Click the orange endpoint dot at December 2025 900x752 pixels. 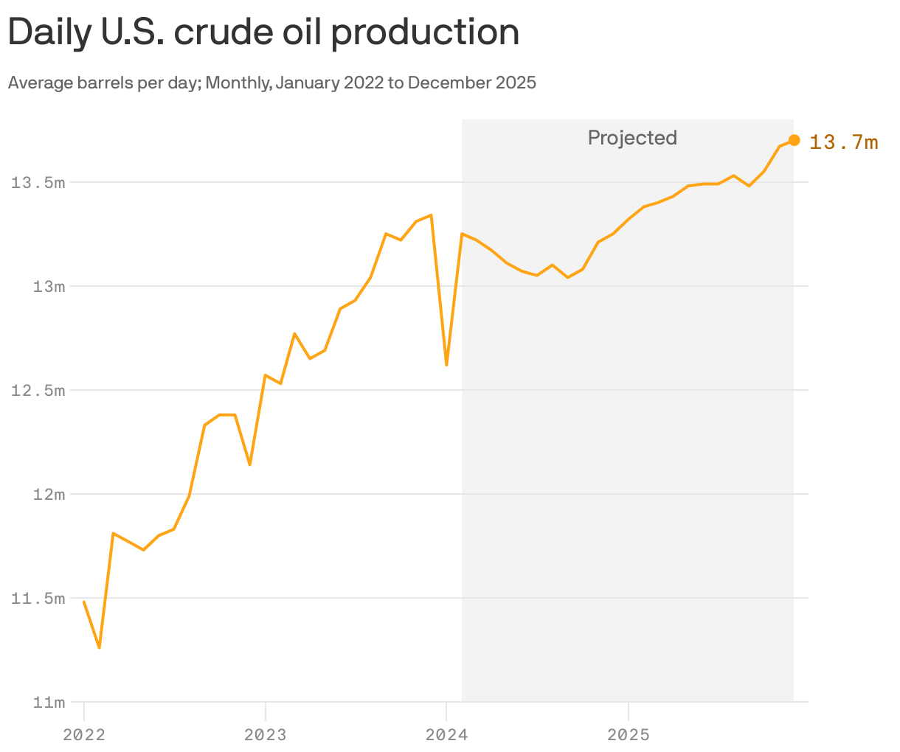(x=794, y=140)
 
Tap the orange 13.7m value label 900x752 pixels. (x=843, y=142)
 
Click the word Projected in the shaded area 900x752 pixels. (x=632, y=138)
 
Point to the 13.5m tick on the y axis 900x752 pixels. (x=38, y=182)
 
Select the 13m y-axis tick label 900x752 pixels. (x=49, y=286)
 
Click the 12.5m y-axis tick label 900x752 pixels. (x=38, y=390)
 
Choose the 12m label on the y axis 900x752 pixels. (x=49, y=494)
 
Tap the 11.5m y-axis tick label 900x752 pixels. (x=38, y=598)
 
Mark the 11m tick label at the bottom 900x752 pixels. (x=49, y=702)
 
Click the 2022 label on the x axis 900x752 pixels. (x=84, y=734)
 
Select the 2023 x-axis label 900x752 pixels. (x=266, y=734)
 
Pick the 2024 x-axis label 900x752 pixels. (x=446, y=734)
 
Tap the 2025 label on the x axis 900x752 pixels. (x=628, y=734)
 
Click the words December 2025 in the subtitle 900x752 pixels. (x=472, y=83)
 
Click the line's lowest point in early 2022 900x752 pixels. (x=99, y=647)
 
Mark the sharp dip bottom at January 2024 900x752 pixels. (x=446, y=365)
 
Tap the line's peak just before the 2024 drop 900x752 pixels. (x=431, y=215)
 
